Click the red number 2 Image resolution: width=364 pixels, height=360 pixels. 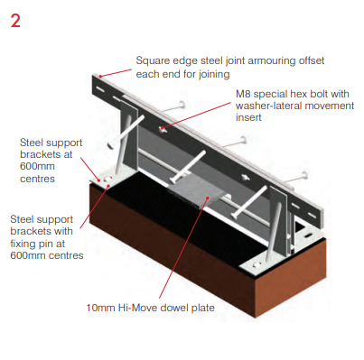(x=15, y=21)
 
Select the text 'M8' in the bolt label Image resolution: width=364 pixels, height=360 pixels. (x=243, y=94)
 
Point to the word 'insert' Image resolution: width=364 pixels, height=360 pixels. (x=248, y=117)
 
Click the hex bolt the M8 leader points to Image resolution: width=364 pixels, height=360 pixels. (x=163, y=129)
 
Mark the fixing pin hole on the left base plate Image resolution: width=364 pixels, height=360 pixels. (x=108, y=179)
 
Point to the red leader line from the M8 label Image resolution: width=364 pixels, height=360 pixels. (x=197, y=115)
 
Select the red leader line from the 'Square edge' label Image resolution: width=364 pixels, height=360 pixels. (x=117, y=73)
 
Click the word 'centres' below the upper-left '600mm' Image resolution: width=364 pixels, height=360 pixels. (x=37, y=179)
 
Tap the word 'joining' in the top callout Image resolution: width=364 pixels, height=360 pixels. (x=214, y=74)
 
